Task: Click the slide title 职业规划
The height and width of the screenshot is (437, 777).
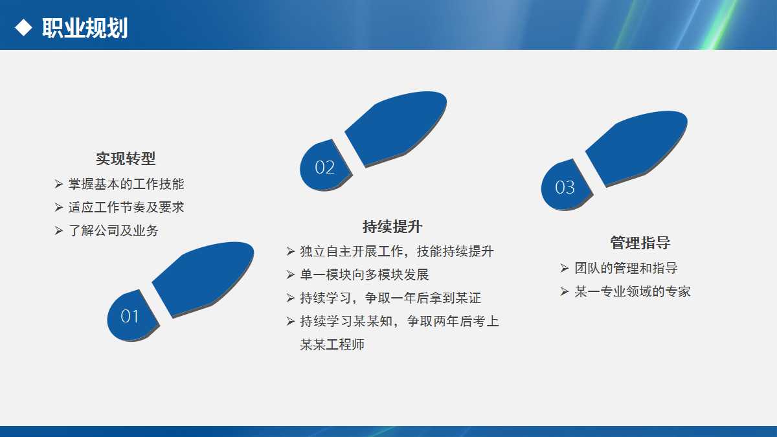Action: [x=85, y=28]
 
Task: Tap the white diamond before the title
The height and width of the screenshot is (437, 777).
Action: [x=23, y=27]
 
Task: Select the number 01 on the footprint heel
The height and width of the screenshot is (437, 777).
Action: [x=130, y=316]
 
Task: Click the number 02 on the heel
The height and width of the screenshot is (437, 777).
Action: [x=324, y=167]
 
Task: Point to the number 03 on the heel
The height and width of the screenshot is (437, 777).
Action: [x=565, y=187]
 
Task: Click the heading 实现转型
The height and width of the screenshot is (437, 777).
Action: [x=126, y=159]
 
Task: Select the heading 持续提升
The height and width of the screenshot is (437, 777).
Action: [x=392, y=227]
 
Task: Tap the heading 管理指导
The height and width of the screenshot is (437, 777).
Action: [x=640, y=243]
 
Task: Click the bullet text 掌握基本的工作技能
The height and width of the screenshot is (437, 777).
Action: [x=126, y=184]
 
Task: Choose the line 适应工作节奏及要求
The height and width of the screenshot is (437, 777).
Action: [x=126, y=207]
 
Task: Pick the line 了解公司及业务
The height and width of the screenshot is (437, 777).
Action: [x=113, y=230]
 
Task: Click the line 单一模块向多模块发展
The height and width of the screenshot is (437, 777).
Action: [x=365, y=275]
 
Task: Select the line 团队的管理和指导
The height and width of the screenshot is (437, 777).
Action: [x=626, y=268]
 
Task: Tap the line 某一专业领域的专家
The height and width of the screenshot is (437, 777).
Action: [x=633, y=291]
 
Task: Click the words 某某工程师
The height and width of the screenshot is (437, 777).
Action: [x=332, y=344]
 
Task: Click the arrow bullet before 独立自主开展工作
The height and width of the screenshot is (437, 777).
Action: [x=290, y=251]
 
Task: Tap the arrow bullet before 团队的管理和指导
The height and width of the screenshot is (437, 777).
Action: [x=564, y=268]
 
